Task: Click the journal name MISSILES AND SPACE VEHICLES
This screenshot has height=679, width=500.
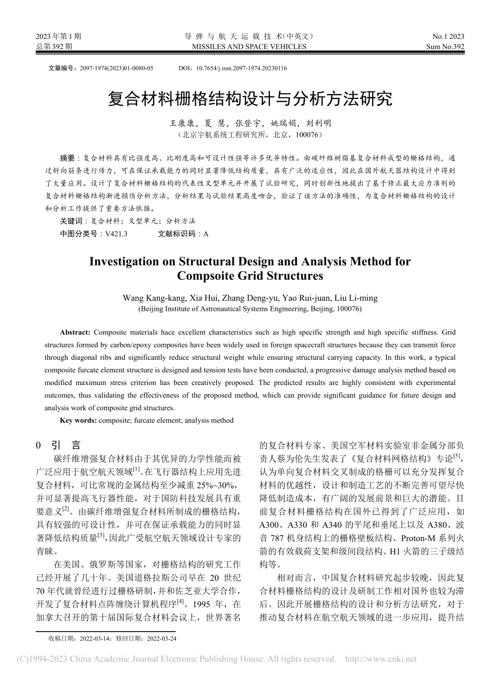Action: click(x=249, y=46)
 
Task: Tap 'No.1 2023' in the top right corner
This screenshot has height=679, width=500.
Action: click(x=448, y=36)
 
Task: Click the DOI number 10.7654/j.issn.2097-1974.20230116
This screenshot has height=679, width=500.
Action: click(x=241, y=68)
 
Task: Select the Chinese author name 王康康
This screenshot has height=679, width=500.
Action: click(x=182, y=124)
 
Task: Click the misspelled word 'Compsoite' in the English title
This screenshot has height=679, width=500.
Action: click(x=202, y=276)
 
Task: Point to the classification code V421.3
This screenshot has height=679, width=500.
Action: click(x=116, y=234)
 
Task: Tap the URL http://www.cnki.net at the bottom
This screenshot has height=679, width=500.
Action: click(x=380, y=659)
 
